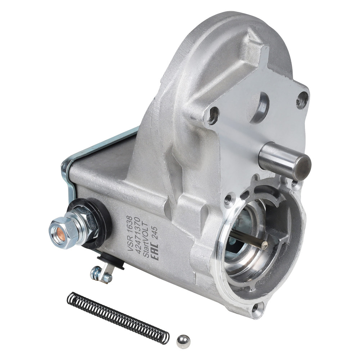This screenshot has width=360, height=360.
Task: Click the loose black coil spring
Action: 118,318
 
